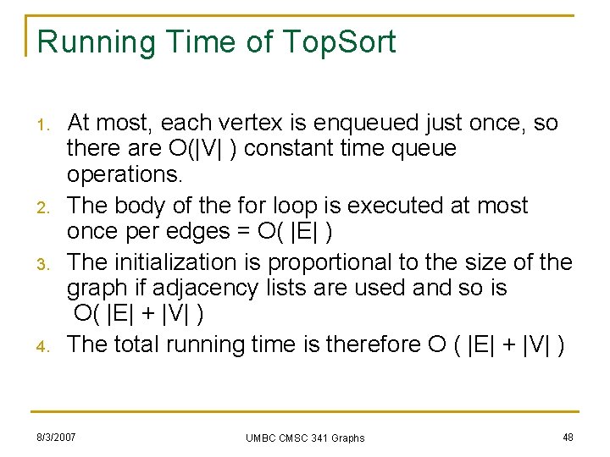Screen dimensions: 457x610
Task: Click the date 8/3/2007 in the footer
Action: [x=56, y=437]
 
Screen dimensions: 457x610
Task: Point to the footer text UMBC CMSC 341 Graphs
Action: [x=305, y=438]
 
